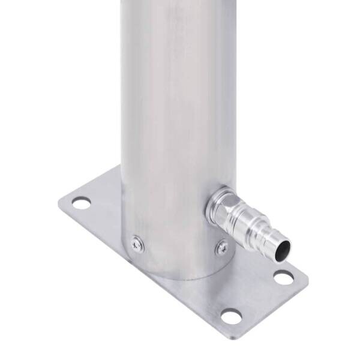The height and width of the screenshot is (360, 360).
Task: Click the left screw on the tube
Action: point(137,242)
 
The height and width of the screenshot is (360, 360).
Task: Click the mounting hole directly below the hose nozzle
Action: point(283,277)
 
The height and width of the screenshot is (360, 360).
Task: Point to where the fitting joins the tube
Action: point(210,204)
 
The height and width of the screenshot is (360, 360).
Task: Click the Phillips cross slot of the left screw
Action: point(137,242)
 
